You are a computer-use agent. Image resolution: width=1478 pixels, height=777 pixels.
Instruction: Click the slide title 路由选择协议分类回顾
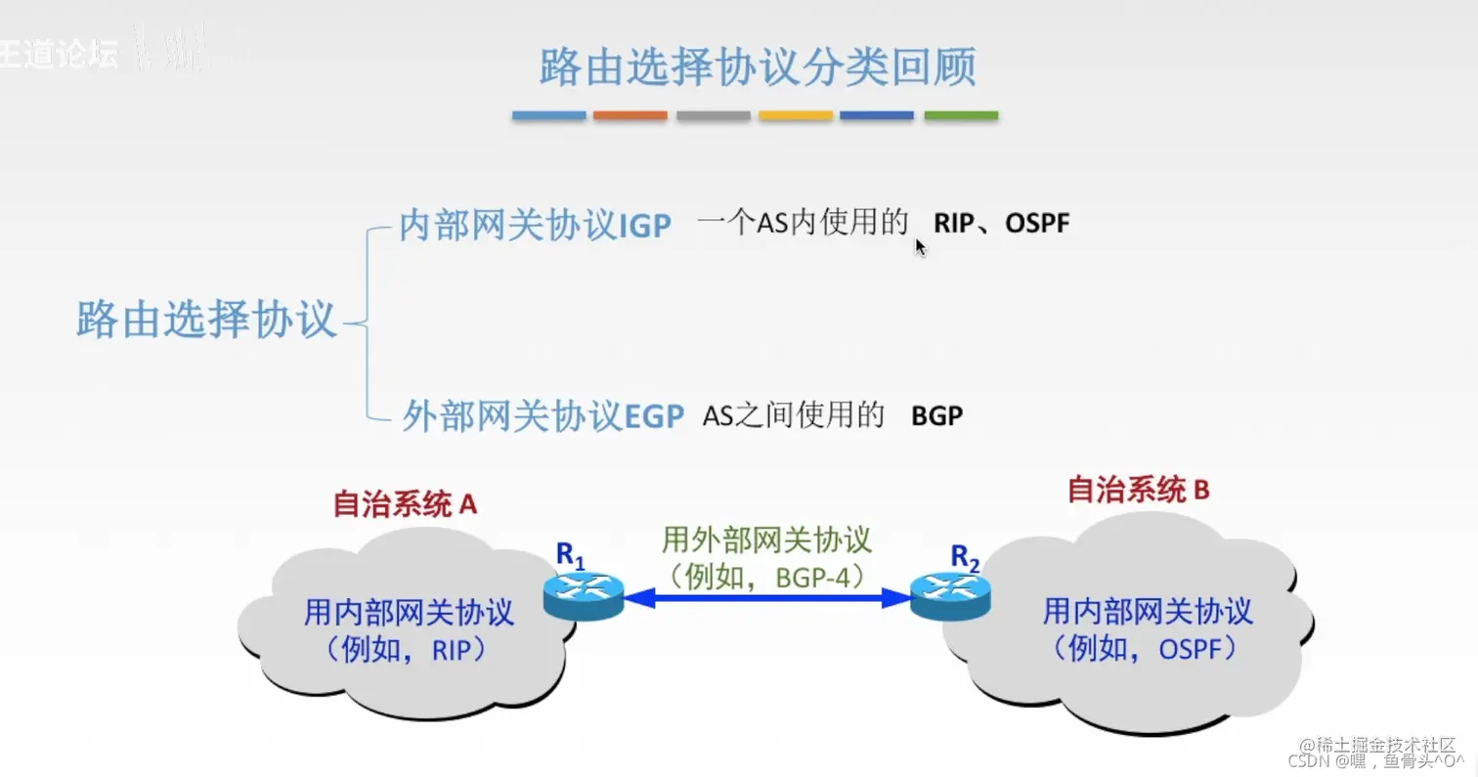[x=757, y=67]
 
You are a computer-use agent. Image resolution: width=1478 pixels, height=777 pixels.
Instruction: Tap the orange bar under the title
[x=630, y=115]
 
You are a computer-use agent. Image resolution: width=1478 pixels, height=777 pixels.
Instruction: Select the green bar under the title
[x=961, y=115]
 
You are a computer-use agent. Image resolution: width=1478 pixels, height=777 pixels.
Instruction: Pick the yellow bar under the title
[x=796, y=115]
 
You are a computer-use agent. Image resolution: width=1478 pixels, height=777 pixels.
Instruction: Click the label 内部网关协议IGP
[x=535, y=226]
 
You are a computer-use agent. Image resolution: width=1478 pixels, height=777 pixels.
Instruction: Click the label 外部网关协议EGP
[x=543, y=416]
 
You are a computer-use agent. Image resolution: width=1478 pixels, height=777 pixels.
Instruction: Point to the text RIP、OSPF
[x=1001, y=224]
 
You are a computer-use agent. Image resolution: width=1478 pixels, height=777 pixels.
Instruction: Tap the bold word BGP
[x=936, y=416]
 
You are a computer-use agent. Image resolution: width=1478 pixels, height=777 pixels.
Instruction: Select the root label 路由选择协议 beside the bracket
[x=206, y=320]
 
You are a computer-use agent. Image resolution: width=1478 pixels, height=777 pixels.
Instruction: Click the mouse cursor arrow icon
[x=920, y=246]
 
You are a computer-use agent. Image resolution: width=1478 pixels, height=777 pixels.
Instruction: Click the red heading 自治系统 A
[x=405, y=503]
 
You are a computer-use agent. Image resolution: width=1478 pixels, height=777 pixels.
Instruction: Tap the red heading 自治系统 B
[x=1138, y=489]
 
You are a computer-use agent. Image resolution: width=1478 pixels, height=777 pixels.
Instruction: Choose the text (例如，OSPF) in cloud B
[x=1146, y=647]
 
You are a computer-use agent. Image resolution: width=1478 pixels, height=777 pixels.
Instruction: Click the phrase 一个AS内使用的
[x=803, y=224]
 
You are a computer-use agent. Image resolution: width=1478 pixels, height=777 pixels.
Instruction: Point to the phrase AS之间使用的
[x=793, y=416]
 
